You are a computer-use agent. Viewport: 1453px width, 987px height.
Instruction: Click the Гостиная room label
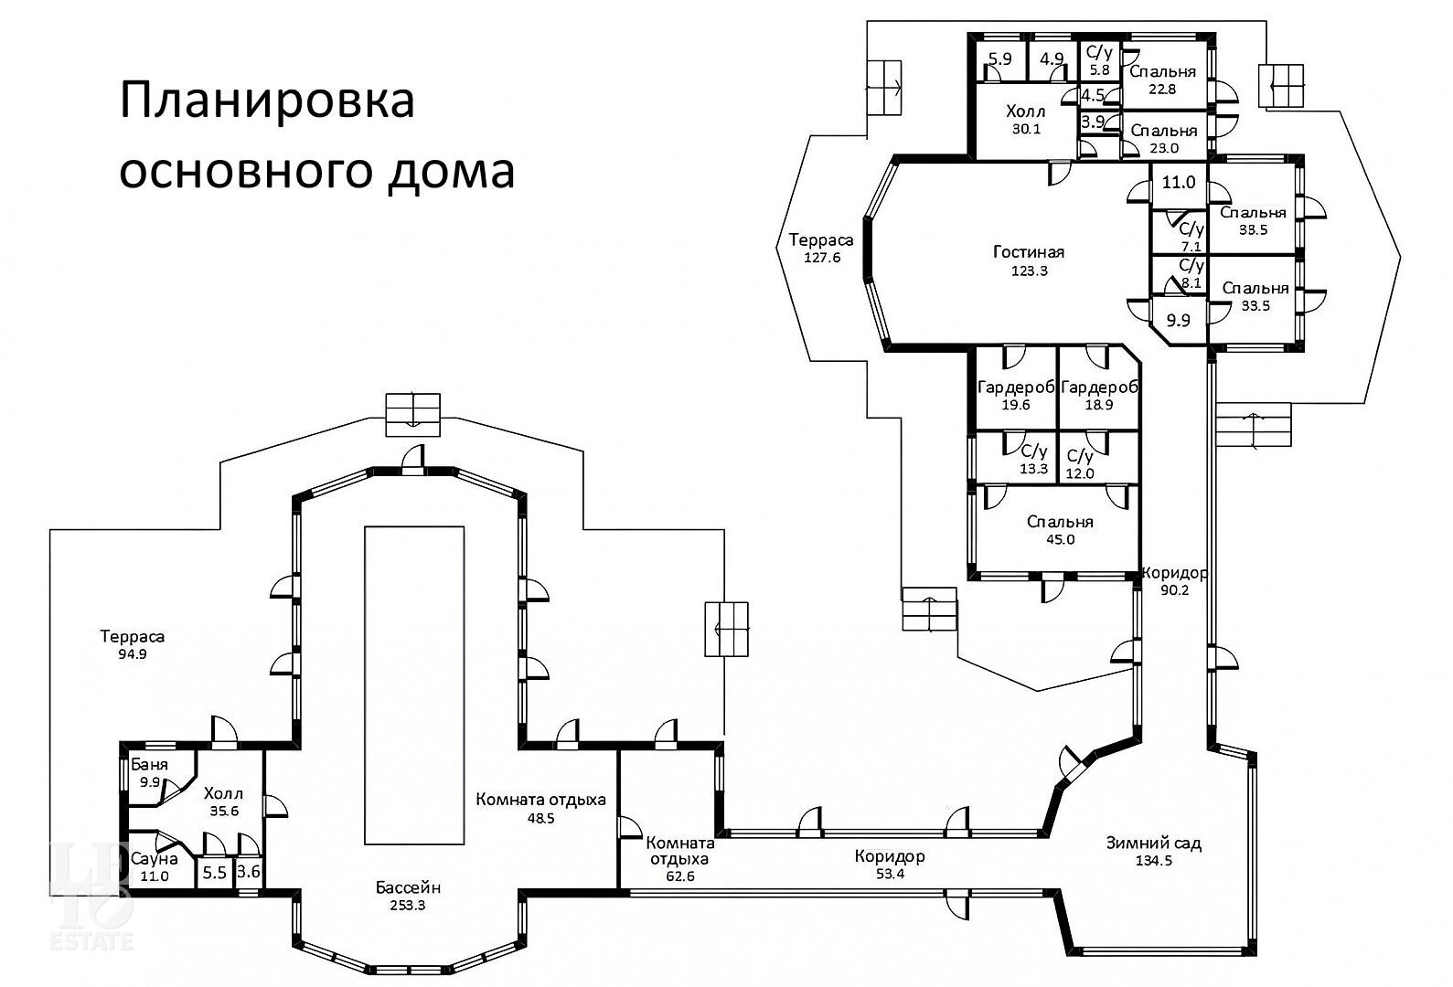click(1029, 251)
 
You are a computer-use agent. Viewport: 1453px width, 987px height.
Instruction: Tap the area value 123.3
click(1030, 271)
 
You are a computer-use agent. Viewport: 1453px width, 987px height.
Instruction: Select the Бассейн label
click(408, 887)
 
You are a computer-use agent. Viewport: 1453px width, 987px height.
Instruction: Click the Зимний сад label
click(1154, 843)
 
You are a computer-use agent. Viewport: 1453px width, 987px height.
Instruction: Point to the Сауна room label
click(155, 859)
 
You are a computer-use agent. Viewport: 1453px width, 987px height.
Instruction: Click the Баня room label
click(149, 765)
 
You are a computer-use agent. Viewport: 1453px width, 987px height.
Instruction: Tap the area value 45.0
click(1060, 539)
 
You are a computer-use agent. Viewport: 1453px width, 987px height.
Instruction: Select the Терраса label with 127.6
click(821, 240)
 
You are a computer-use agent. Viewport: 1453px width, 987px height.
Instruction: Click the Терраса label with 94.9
click(133, 636)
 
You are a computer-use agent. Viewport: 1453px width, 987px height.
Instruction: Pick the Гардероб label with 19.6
click(1016, 387)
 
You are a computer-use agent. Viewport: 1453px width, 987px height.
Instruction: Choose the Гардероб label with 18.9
click(1099, 387)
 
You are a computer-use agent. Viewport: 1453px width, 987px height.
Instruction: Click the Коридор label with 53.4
click(890, 856)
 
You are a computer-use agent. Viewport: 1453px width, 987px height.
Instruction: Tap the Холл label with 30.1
click(1026, 111)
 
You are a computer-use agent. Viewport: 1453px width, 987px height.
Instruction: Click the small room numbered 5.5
click(215, 873)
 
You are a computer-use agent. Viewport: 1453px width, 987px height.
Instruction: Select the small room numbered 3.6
click(248, 872)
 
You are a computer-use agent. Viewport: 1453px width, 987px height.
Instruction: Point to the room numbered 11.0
click(1179, 182)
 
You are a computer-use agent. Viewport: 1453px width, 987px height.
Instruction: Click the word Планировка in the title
click(267, 101)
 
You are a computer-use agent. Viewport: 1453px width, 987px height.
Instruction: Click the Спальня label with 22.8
click(1163, 71)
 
